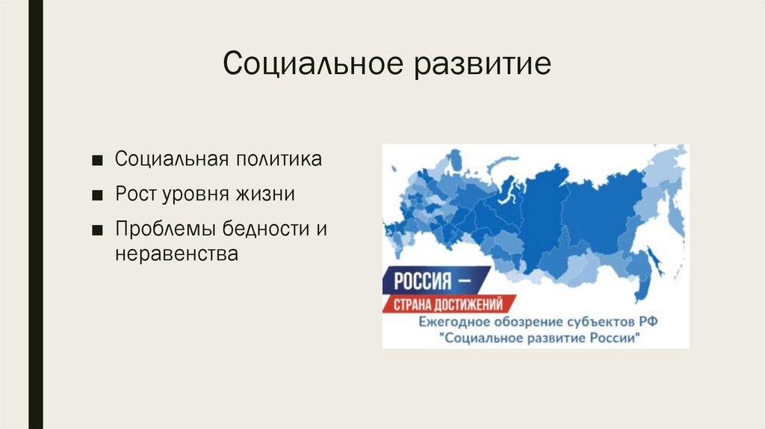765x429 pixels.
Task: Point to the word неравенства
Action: (176, 255)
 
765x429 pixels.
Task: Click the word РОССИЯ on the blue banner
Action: (422, 281)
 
